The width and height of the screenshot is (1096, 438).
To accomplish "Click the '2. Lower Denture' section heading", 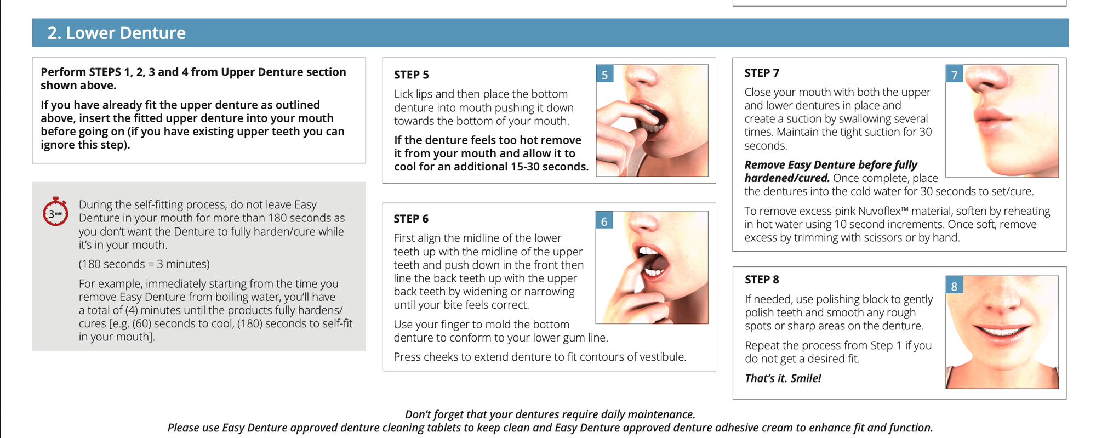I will point(116,33).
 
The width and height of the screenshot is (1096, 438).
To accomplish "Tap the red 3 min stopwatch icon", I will point(55,212).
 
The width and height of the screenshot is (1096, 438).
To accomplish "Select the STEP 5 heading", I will point(412,75).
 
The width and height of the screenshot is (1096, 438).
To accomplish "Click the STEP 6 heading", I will point(411,219).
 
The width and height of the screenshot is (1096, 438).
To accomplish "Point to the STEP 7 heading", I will point(762,73).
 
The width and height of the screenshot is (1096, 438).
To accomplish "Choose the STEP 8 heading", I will point(762,280).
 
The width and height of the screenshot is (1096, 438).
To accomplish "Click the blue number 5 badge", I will point(605,75).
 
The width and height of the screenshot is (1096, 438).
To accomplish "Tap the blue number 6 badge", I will point(604,221).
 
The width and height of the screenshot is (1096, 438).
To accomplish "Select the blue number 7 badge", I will point(955,75).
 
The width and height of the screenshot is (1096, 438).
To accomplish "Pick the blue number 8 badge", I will point(955,286).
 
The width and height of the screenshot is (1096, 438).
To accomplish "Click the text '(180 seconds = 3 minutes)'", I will point(144,264).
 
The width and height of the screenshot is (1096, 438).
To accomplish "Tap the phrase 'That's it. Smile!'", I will point(783,378).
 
